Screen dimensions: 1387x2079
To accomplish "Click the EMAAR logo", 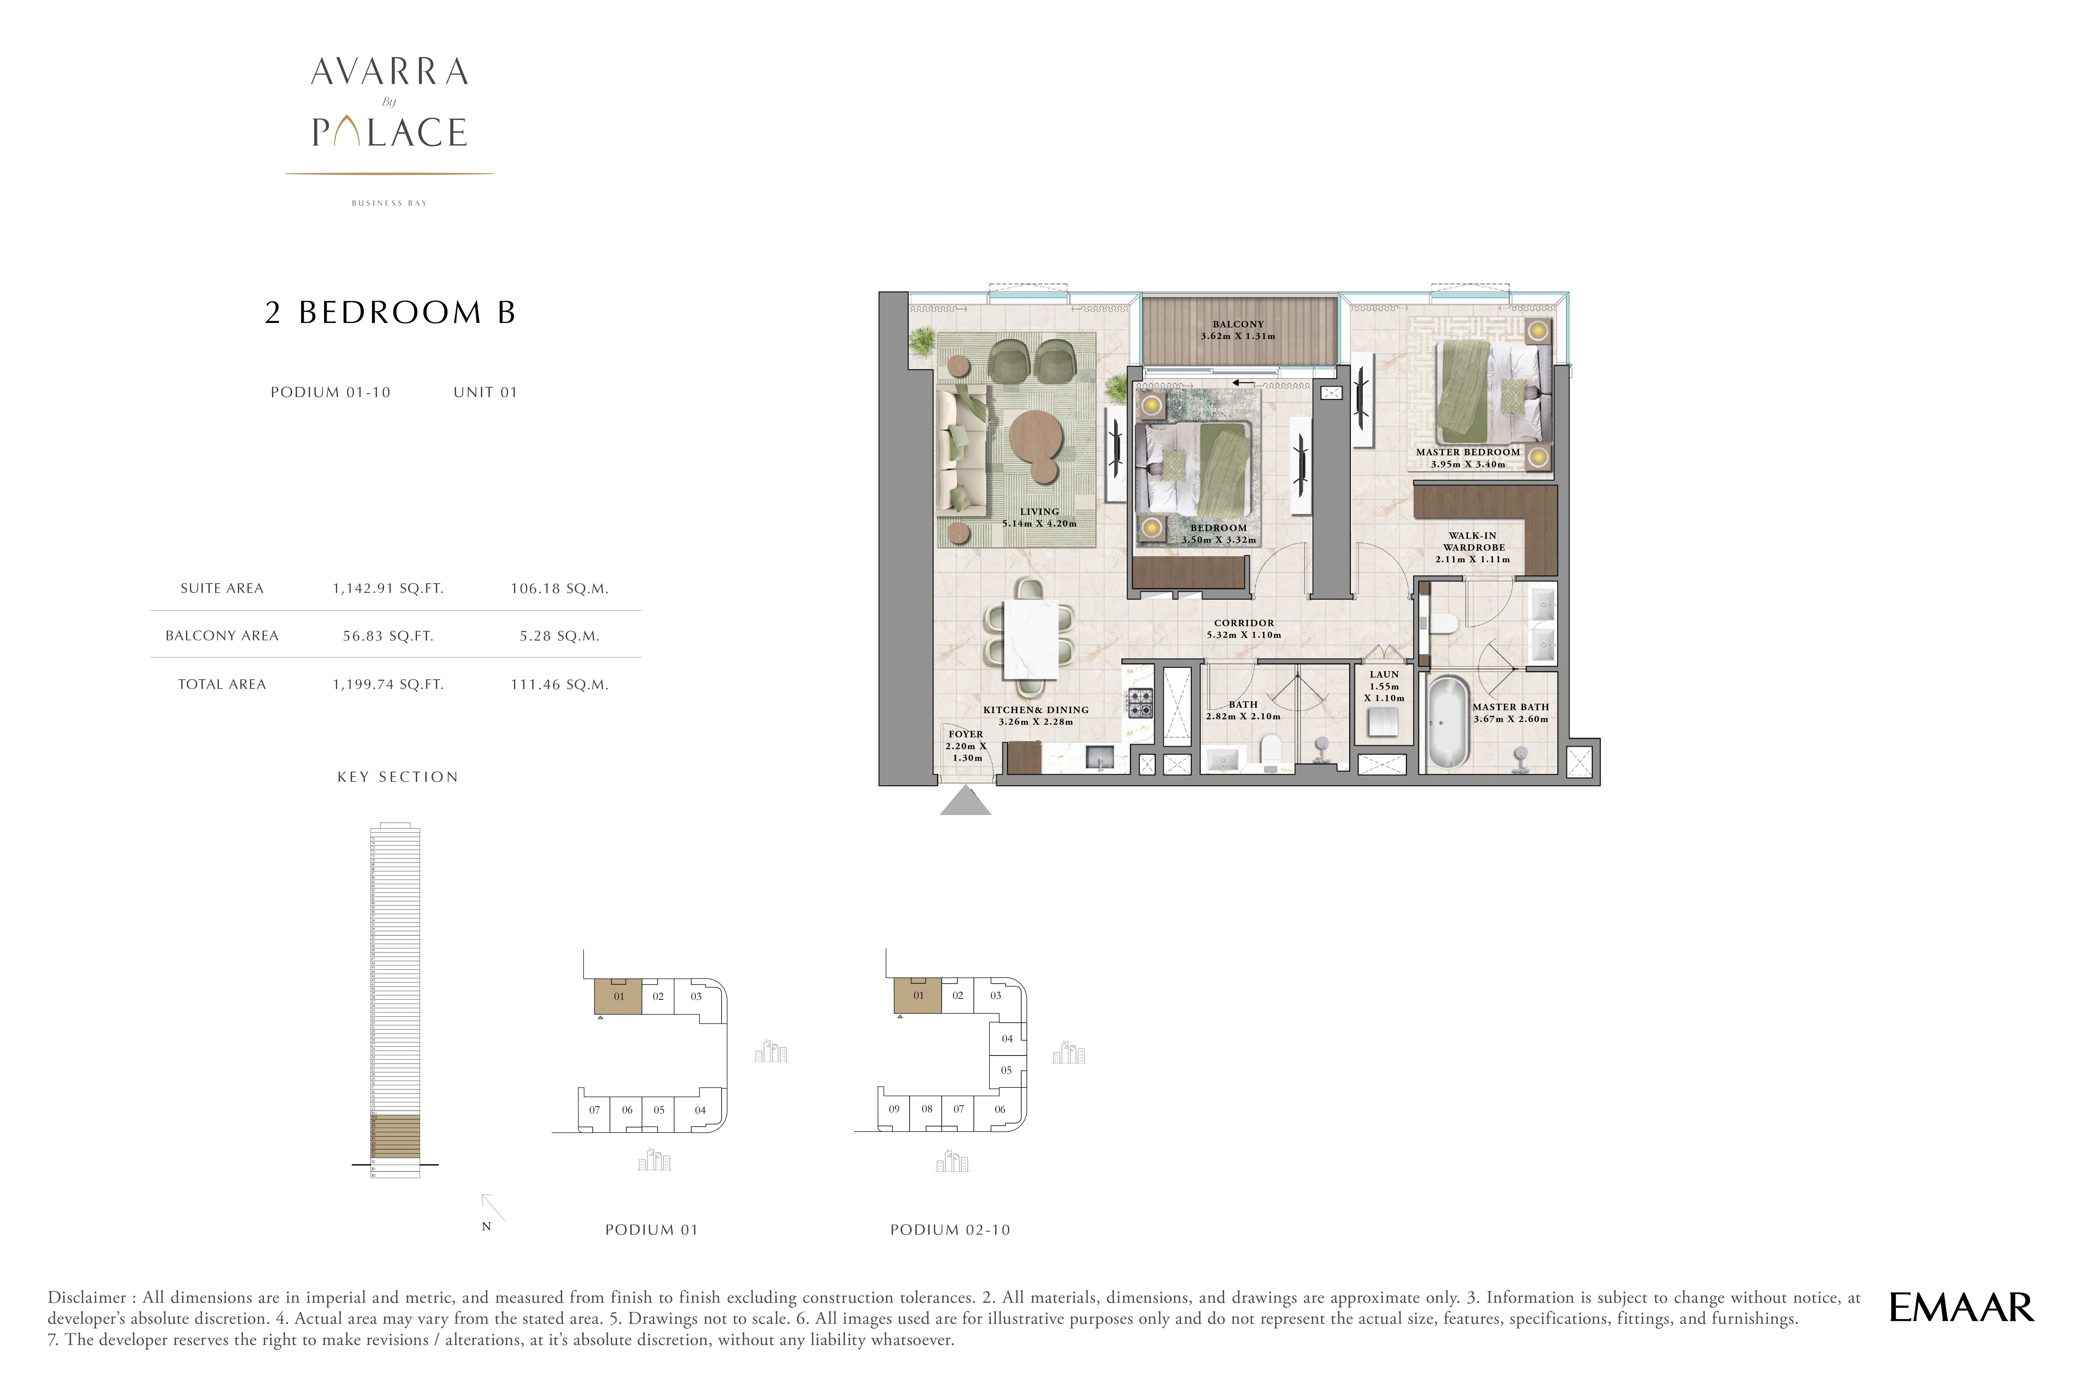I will pyautogui.click(x=1960, y=1307).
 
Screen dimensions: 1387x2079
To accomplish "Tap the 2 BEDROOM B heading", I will pyautogui.click(x=390, y=312).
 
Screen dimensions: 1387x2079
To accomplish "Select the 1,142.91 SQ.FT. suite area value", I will pyautogui.click(x=388, y=588).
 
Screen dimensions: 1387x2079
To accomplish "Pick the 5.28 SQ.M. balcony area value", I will pyautogui.click(x=559, y=636).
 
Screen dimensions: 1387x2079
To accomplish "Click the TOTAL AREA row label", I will pyautogui.click(x=222, y=684).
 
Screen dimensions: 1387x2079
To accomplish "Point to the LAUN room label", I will pyautogui.click(x=1384, y=674).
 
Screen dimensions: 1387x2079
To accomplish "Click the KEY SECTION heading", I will pyautogui.click(x=397, y=777).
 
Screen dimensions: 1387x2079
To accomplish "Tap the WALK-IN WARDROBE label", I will pyautogui.click(x=1473, y=541).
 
